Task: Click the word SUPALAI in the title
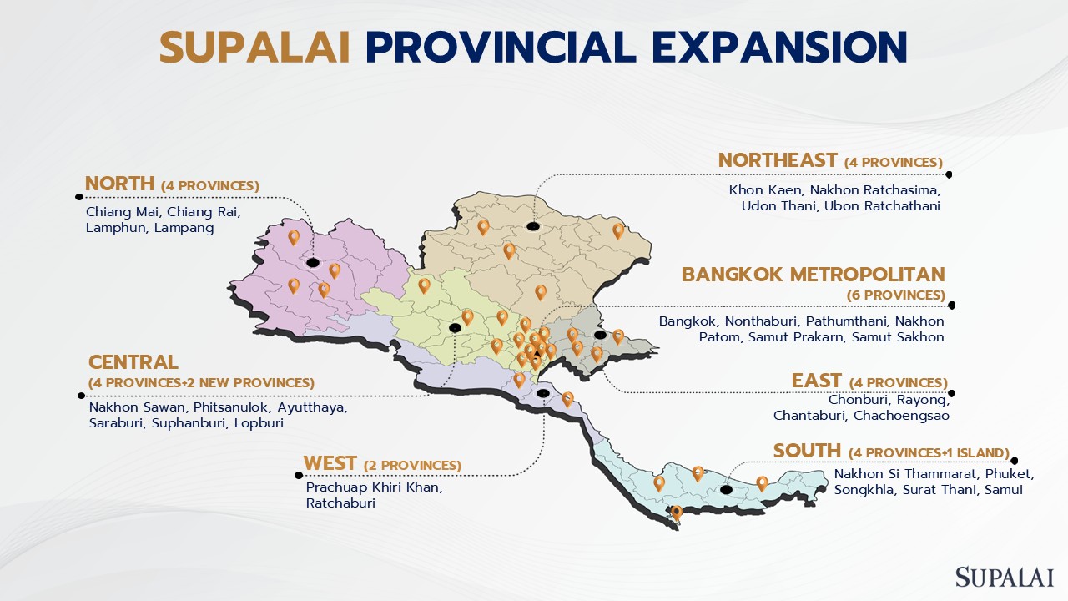coord(254,47)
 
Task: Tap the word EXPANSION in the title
coord(779,47)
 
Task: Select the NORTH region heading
coord(119,184)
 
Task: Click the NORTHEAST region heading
coord(778,160)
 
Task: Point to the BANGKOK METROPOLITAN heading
coord(814,275)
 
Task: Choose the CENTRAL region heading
coord(133,362)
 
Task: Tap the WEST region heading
coord(330,463)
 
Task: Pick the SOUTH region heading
coord(807,451)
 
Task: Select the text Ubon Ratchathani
coord(882,206)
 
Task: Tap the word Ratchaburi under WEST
coord(340,503)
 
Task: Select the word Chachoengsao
coord(901,416)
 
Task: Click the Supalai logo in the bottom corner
coord(1004,577)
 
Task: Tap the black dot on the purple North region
coord(313,263)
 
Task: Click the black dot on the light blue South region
coord(726,490)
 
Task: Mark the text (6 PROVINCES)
coord(896,295)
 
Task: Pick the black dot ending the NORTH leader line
coord(79,197)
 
